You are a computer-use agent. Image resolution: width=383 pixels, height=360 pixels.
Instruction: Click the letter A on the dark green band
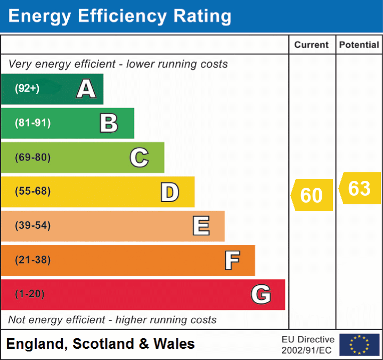tap(86, 89)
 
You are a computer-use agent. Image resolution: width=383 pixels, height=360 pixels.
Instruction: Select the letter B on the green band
tap(109, 123)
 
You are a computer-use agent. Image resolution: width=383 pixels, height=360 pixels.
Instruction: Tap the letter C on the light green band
tap(139, 157)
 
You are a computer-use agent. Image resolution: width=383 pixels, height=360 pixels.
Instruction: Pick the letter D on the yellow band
tap(169, 192)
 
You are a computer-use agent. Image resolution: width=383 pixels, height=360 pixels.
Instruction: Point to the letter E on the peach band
tap(201, 226)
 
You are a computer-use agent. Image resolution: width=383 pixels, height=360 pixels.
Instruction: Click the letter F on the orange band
tap(232, 260)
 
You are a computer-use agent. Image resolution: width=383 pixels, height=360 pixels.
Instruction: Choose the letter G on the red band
tap(261, 294)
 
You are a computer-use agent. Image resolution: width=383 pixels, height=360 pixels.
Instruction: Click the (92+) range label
tap(27, 89)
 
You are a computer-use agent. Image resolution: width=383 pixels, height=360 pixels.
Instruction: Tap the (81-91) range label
tap(33, 123)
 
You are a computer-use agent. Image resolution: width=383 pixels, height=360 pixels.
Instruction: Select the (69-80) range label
tap(33, 157)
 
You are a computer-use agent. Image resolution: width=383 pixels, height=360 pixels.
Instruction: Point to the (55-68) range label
tap(33, 191)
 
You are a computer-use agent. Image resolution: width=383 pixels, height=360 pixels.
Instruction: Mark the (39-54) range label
tap(33, 226)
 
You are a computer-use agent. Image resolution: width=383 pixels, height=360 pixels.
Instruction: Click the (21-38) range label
tap(33, 260)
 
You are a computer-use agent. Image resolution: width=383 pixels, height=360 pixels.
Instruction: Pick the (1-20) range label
tap(30, 294)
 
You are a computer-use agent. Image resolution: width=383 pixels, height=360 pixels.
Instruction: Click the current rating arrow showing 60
tap(312, 195)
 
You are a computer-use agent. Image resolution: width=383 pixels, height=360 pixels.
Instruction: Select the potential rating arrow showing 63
tap(360, 188)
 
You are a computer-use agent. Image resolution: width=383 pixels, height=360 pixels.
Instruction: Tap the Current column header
tap(312, 45)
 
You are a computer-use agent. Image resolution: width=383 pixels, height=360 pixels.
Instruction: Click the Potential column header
tap(359, 45)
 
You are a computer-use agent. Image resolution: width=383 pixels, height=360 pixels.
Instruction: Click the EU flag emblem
tap(359, 345)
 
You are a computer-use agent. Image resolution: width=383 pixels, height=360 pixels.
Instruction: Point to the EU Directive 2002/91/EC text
tap(308, 345)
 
